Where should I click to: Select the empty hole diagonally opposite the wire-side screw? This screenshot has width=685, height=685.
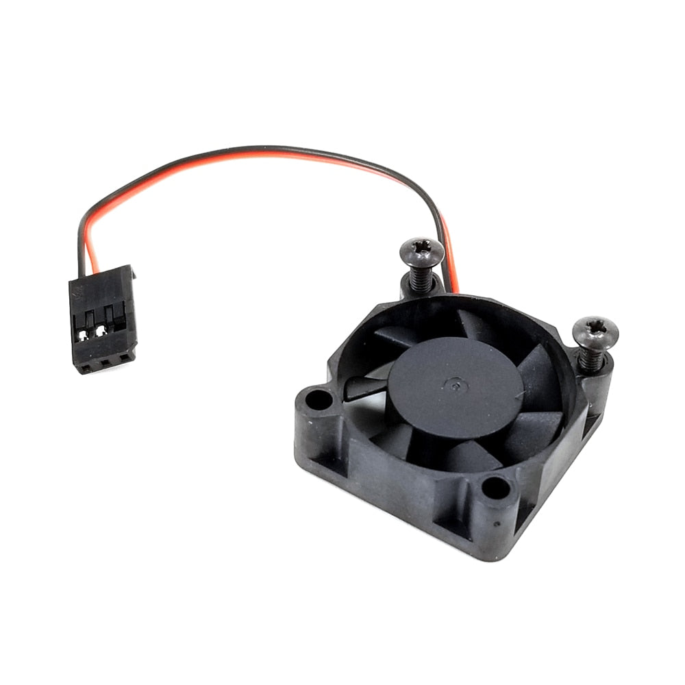(x=495, y=487)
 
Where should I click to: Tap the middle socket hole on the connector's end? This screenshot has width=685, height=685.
(x=105, y=362)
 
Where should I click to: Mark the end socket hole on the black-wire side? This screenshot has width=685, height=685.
(x=86, y=367)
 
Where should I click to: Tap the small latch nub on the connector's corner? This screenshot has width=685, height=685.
(x=132, y=275)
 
